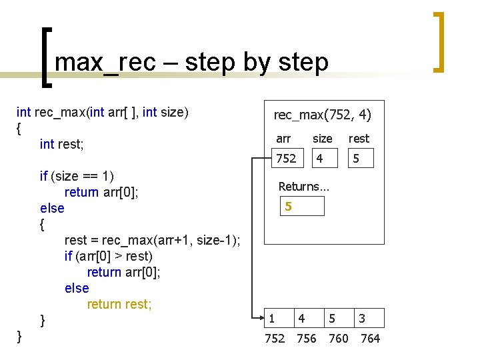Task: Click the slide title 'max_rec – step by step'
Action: pyautogui.click(x=192, y=62)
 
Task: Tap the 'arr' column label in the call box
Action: pyautogui.click(x=283, y=139)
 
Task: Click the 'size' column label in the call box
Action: pyautogui.click(x=322, y=139)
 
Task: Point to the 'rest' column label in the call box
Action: pyautogui.click(x=359, y=139)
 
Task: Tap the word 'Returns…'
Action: pyautogui.click(x=303, y=187)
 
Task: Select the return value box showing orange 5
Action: pyautogui.click(x=301, y=207)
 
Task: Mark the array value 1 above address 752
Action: pyautogui.click(x=271, y=319)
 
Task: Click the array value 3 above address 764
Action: pyautogui.click(x=362, y=319)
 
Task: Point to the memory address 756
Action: pyautogui.click(x=307, y=339)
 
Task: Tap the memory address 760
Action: pyautogui.click(x=339, y=339)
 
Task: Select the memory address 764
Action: pyautogui.click(x=370, y=339)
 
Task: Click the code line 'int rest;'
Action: pyautogui.click(x=61, y=144)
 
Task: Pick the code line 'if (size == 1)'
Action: pyautogui.click(x=77, y=176)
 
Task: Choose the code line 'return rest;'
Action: pyautogui.click(x=119, y=304)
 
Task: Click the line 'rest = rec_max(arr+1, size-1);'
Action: pyautogui.click(x=153, y=240)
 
